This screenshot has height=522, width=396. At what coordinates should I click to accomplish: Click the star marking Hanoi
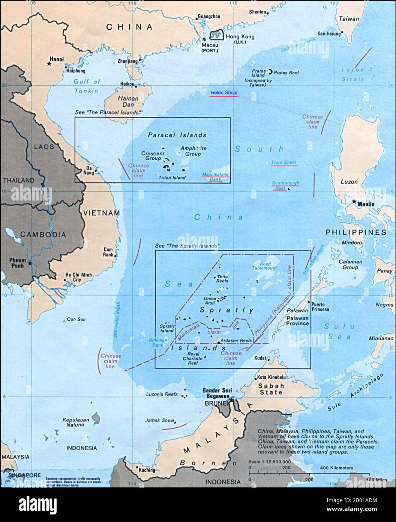coord(49,64)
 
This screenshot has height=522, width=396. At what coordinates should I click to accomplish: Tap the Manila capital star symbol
coord(354,202)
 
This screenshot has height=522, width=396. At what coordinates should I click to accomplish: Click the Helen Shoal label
coord(224,92)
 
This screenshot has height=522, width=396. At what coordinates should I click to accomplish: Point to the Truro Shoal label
coord(284,162)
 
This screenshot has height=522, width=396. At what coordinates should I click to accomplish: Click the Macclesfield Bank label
coord(215,177)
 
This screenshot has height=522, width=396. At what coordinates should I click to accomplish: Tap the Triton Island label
coord(172,178)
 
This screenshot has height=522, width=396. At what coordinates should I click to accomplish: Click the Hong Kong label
coord(240,37)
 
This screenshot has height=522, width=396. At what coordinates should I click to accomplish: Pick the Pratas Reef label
coord(286,72)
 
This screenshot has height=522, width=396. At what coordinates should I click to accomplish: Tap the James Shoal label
coord(160,421)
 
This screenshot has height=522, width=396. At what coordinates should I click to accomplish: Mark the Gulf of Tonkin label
coord(87,86)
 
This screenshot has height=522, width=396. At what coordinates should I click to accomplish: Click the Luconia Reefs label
coord(162,394)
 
